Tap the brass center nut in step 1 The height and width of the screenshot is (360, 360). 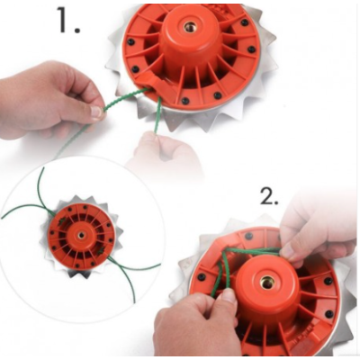(189, 28)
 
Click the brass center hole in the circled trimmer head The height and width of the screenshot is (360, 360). (81, 235)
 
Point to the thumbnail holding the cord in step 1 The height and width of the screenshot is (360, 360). (96, 112)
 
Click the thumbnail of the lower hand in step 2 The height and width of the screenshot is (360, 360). (229, 296)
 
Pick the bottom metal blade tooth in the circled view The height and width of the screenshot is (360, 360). (84, 275)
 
